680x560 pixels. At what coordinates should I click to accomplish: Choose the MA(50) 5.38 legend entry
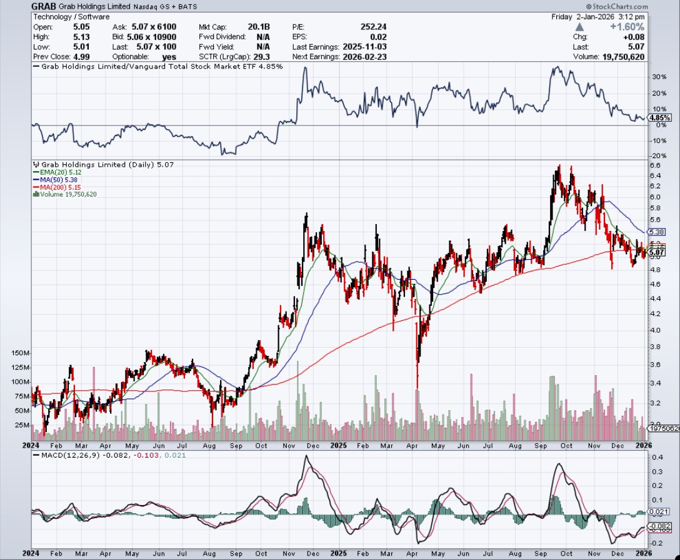(56, 180)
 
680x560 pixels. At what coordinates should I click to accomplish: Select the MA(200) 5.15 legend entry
(58, 187)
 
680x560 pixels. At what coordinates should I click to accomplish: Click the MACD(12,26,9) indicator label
(63, 456)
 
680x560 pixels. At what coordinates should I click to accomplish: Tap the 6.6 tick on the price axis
(655, 165)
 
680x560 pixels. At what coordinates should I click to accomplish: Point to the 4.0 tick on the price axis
(655, 330)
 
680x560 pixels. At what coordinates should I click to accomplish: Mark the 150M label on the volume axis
(21, 353)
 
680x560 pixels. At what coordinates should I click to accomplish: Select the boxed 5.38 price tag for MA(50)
(656, 232)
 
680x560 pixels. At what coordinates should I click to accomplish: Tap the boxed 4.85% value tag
(660, 117)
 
